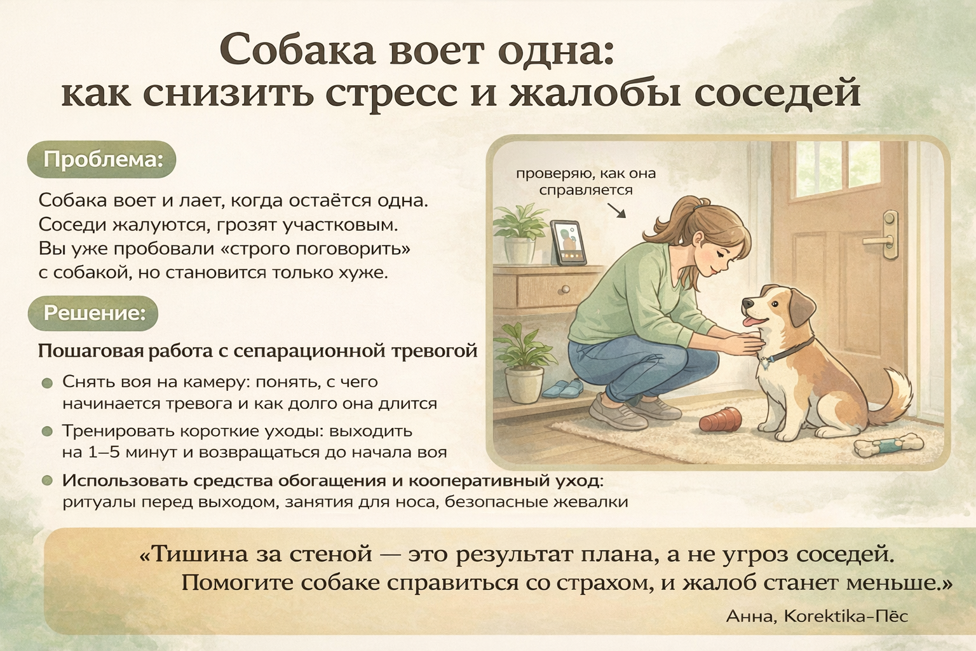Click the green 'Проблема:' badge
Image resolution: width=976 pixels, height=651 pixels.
pos(102,159)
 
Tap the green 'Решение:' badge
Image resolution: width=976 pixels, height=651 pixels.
pos(93,313)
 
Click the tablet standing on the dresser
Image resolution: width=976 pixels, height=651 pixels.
pos(566,242)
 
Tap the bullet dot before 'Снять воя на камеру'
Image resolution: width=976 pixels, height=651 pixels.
pos(47,383)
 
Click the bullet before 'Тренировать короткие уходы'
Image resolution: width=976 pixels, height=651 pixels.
pos(47,432)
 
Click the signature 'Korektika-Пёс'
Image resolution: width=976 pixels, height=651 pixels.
pos(846,615)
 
